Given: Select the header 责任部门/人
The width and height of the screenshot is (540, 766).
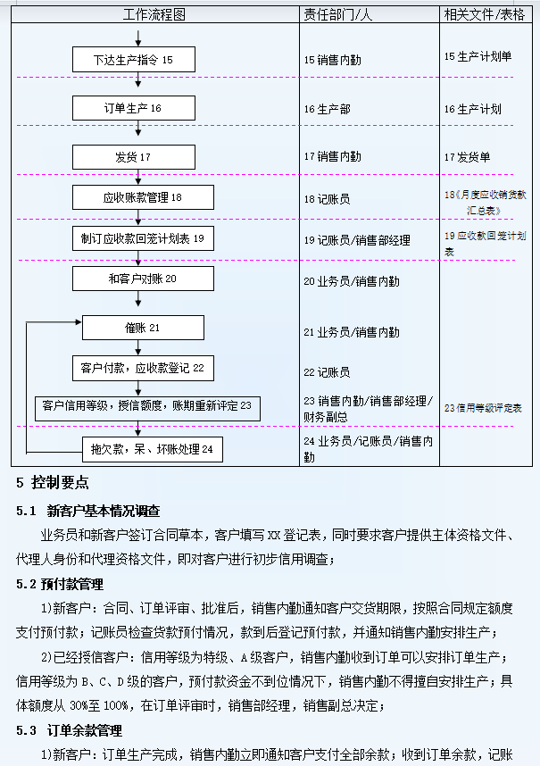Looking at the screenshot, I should click(339, 14).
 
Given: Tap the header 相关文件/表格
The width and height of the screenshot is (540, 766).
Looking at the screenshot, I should click(484, 14).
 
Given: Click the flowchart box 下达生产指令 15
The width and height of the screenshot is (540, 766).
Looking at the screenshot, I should click(133, 60).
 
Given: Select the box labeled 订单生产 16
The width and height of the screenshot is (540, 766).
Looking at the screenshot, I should click(133, 108).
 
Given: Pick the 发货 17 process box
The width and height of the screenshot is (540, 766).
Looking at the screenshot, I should click(133, 156).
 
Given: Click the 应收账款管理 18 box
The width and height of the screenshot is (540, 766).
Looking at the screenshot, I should click(143, 197).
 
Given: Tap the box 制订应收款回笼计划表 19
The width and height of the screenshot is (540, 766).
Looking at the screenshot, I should click(143, 238).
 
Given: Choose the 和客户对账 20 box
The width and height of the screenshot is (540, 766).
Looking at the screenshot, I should click(143, 279).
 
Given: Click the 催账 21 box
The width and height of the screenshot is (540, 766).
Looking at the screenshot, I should click(143, 328).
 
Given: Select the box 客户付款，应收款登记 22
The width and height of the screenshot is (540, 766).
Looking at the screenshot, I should click(143, 367).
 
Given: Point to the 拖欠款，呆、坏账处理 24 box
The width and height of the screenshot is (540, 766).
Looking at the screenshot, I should click(152, 448).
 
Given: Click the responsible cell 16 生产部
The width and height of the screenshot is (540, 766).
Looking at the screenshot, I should click(327, 109).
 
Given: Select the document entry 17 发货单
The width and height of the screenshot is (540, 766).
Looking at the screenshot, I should click(468, 157).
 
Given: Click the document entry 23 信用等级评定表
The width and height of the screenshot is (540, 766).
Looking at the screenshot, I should click(483, 408).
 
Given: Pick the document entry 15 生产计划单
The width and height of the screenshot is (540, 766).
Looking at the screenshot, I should click(478, 56).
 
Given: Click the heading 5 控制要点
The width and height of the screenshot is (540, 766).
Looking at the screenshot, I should click(53, 483).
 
